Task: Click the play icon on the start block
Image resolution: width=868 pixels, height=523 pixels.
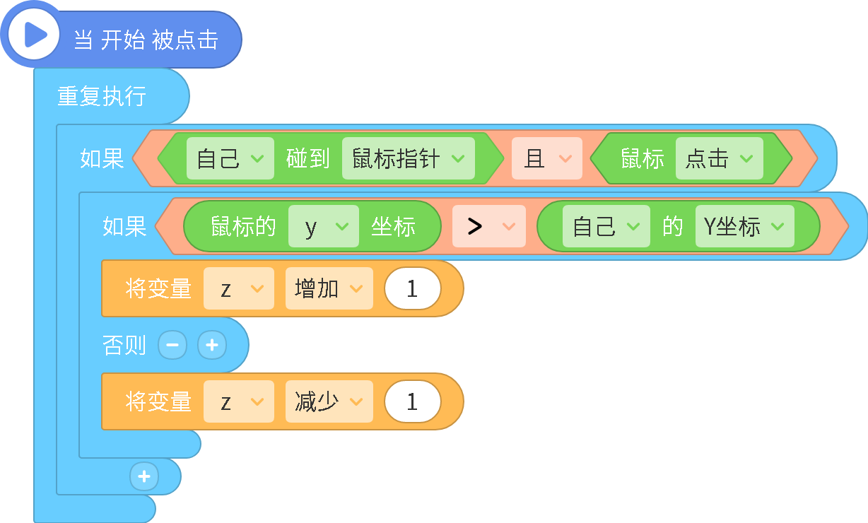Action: click(34, 35)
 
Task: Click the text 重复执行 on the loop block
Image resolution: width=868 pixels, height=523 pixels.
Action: click(102, 96)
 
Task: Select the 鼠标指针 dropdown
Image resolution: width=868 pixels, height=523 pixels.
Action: click(409, 158)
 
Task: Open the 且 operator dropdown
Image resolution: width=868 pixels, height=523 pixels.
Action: click(547, 158)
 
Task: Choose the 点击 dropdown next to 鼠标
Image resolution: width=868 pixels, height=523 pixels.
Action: click(719, 158)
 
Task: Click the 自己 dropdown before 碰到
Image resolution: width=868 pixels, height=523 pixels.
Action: click(230, 158)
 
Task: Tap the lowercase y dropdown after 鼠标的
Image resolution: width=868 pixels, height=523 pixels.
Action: click(324, 226)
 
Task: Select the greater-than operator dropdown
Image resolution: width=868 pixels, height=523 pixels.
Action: click(489, 226)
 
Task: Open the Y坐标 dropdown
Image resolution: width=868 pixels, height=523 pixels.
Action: click(745, 226)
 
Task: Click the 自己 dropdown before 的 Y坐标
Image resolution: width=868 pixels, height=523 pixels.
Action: click(606, 226)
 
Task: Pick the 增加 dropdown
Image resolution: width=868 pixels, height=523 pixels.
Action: click(329, 288)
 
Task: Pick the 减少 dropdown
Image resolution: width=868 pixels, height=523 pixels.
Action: click(329, 401)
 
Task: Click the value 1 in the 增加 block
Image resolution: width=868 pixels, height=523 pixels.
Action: click(412, 288)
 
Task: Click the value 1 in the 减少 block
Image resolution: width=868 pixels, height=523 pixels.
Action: click(412, 401)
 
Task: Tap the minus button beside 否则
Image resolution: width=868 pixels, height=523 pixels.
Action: click(172, 345)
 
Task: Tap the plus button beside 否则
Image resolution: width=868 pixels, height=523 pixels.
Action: click(212, 345)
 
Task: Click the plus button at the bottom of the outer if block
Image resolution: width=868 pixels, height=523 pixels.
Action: click(144, 476)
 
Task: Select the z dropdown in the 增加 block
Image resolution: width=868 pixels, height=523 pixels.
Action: click(239, 288)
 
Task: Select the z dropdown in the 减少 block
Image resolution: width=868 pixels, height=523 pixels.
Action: click(239, 401)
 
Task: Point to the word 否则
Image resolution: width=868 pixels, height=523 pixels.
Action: click(124, 345)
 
